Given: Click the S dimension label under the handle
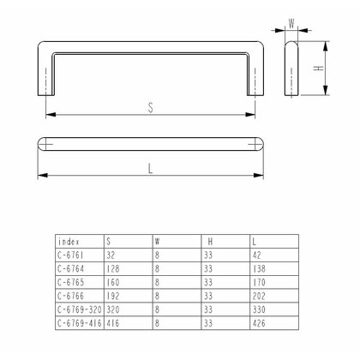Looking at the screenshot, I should pos(150,108).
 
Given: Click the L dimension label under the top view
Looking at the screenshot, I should pos(151,168).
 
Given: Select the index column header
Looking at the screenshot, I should pos(68,242).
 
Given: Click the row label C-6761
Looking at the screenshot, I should pos(70,255).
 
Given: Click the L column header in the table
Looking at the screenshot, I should pos(255,242).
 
